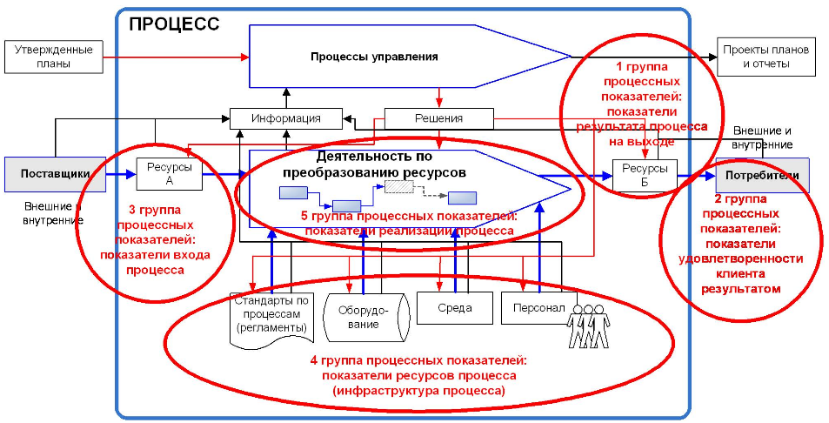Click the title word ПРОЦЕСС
174,24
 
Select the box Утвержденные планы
53,57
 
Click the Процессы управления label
374,57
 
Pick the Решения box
438,118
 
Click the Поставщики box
56,173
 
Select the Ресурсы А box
163,173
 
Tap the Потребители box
762,175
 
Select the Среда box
456,307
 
